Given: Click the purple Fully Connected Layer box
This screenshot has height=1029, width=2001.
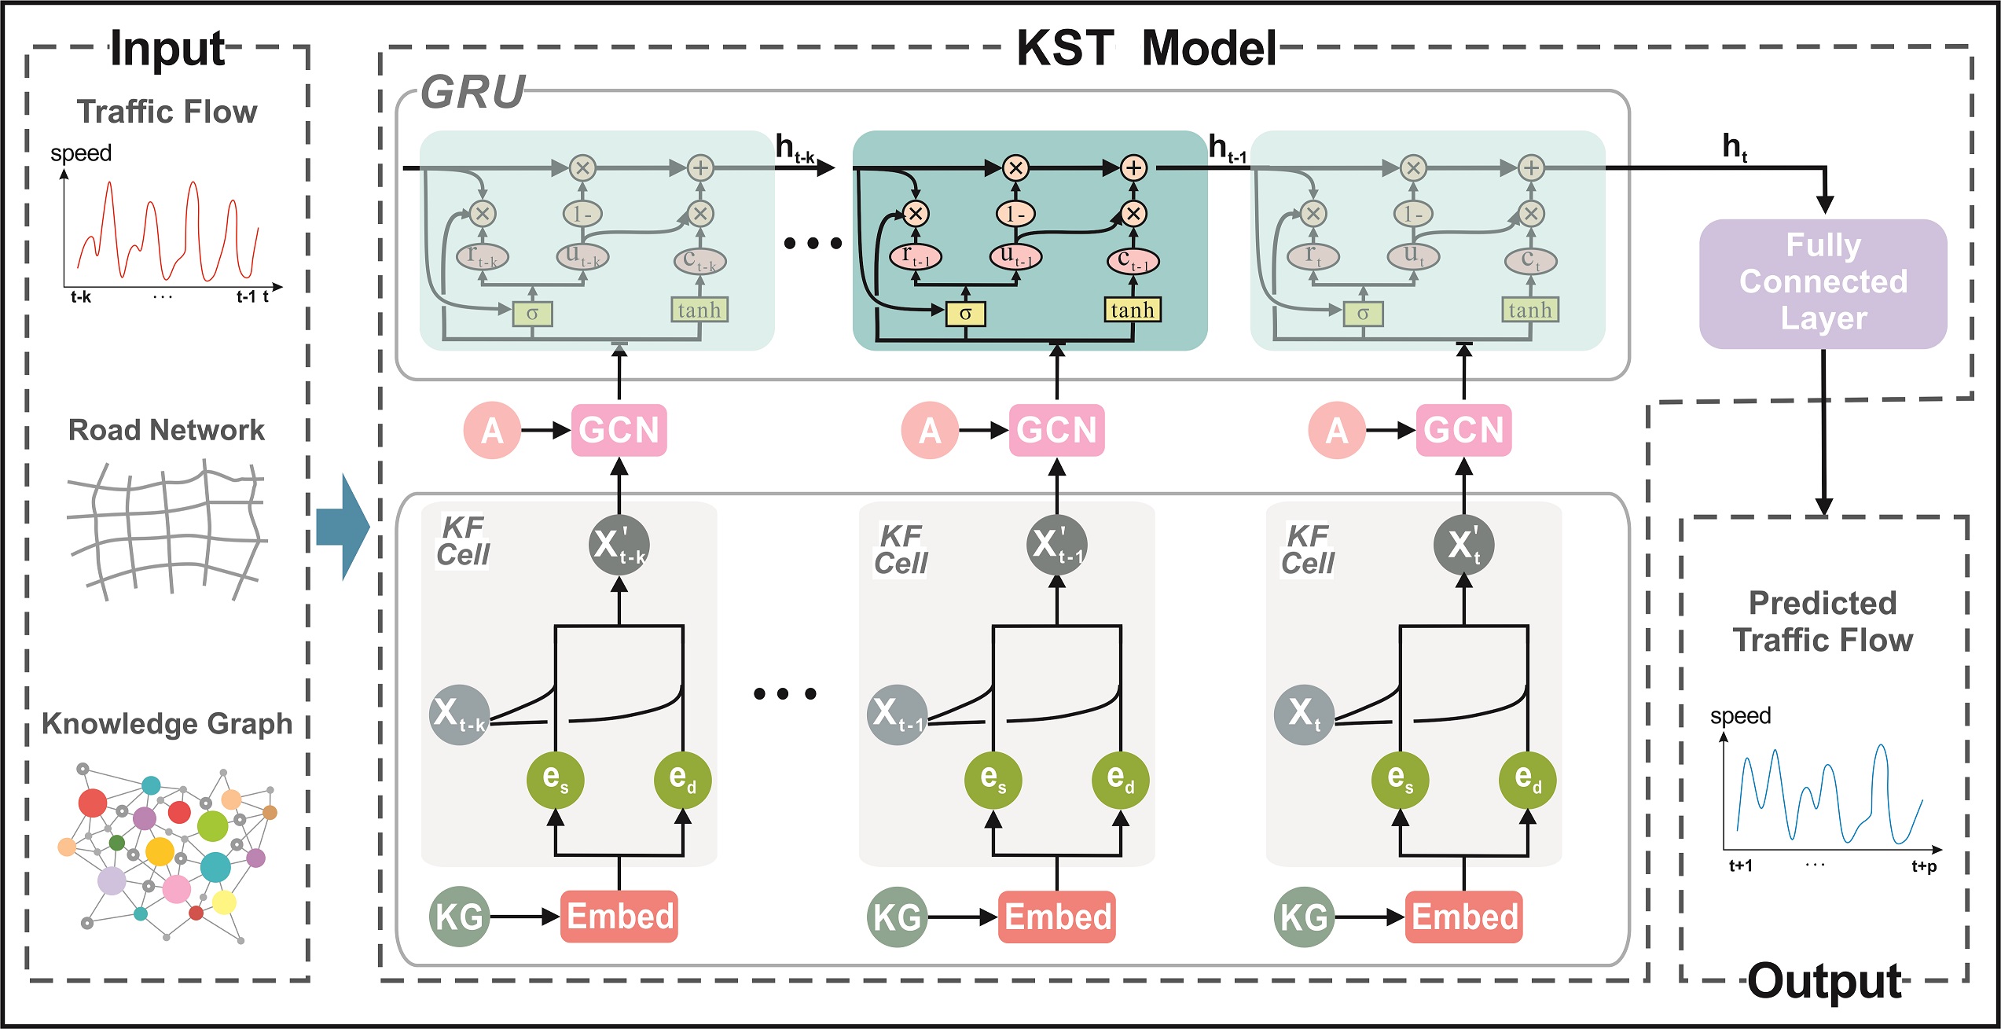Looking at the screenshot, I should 1823,283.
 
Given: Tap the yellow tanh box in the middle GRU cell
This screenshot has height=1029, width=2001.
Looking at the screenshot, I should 1132,310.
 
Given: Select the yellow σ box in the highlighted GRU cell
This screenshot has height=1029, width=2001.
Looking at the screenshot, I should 965,314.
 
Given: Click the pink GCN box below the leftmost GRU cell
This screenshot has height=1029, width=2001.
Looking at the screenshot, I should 619,430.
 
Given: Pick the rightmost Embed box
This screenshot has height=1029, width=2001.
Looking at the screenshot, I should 1463,917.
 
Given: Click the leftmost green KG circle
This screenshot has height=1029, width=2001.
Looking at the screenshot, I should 459,917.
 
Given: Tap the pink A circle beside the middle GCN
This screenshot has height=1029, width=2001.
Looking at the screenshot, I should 930,430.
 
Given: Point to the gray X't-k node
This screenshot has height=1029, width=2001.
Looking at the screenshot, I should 619,544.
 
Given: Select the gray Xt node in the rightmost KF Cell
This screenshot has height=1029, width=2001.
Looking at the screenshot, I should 1303,715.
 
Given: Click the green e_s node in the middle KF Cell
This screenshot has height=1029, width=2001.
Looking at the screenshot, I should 993,779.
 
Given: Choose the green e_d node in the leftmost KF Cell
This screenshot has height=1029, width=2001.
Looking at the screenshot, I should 682,779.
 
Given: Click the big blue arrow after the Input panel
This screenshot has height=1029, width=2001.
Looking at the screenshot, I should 343,527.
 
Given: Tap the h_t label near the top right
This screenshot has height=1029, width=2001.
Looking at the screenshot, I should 1735,147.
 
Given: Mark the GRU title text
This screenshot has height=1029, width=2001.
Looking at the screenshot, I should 472,92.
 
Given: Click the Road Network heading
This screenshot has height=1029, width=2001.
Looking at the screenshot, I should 166,430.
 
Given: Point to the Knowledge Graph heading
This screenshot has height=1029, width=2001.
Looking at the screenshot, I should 167,723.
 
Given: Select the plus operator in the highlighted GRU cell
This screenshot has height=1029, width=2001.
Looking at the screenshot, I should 1133,167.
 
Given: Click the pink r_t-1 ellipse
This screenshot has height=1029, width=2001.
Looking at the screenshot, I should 915,256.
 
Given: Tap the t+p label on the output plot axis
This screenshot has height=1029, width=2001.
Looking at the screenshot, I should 1924,865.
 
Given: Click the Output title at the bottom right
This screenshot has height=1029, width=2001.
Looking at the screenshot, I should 1823,982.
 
